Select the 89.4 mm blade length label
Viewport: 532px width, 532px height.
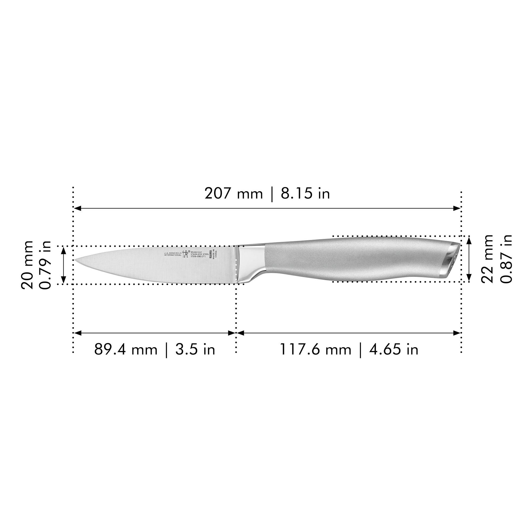tap(126, 350)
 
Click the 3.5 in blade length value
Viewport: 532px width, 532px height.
tap(195, 350)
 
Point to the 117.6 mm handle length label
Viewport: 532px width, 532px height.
tap(315, 350)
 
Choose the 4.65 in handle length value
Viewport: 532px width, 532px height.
tap(394, 350)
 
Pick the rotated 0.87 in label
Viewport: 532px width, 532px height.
tap(506, 259)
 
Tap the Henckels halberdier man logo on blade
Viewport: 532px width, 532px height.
tap(185, 253)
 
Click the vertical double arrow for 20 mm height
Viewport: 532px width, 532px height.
tap(64, 265)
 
